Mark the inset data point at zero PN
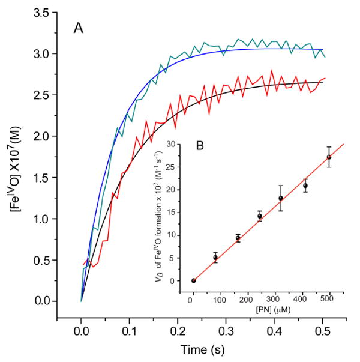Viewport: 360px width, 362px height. (193, 280)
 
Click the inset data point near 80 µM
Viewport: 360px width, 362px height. (215, 258)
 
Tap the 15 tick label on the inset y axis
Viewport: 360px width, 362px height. (174, 213)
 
